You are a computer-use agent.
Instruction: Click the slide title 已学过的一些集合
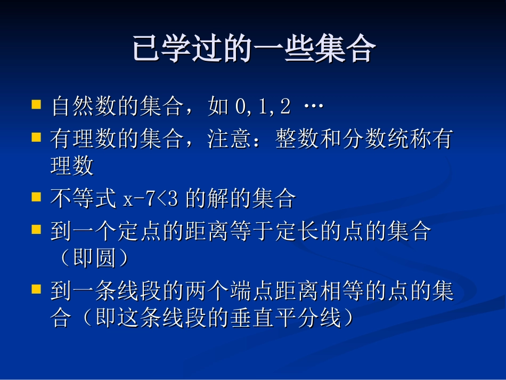tap(254, 50)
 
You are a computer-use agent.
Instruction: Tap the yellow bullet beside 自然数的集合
tap(36, 103)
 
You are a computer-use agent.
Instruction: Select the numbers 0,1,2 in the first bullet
tap(263, 107)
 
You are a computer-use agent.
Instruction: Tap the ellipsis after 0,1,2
tap(313, 107)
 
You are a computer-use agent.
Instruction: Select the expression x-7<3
tap(152, 199)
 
